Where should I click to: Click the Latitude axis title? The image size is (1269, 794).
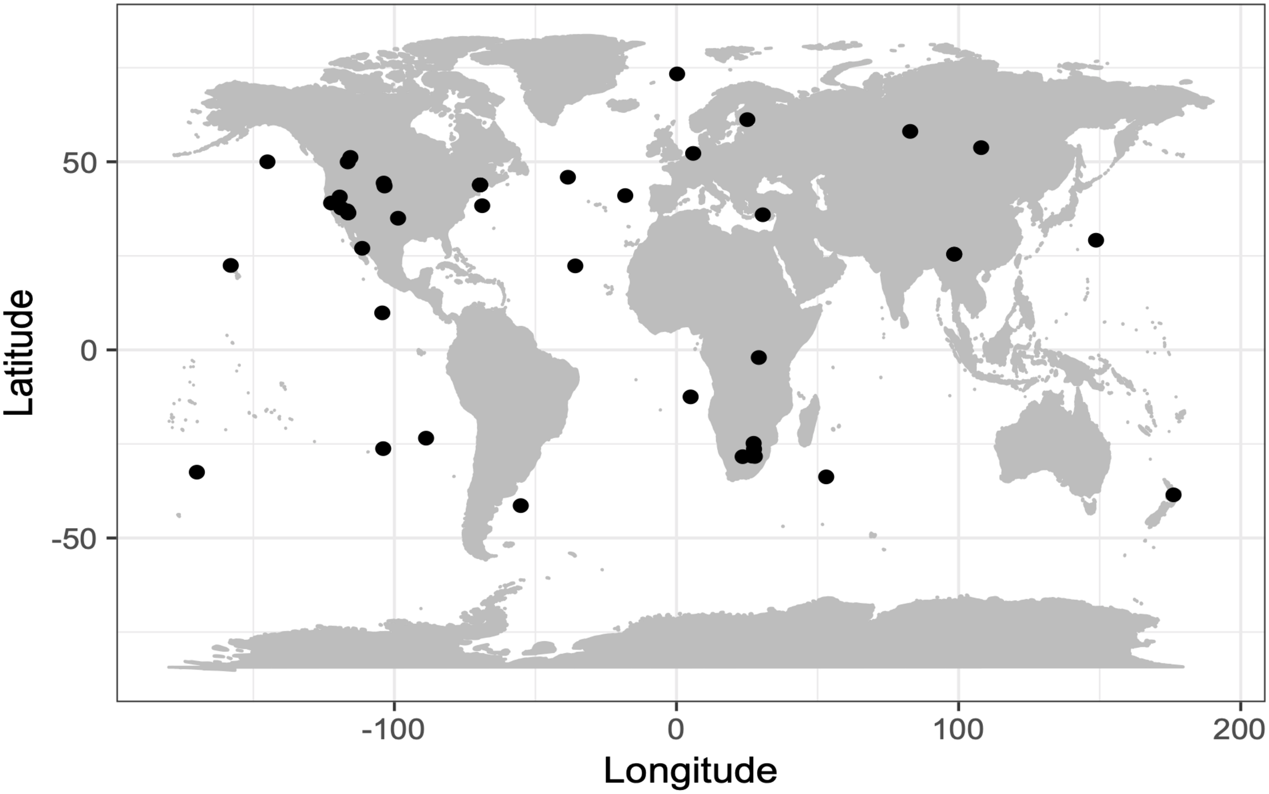[x=19, y=352]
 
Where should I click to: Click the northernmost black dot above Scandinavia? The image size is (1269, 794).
[x=677, y=74]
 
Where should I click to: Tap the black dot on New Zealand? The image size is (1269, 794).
[x=1173, y=495]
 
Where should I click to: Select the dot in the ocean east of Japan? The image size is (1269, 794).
[x=1096, y=240]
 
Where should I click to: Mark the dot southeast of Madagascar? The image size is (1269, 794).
[x=826, y=477]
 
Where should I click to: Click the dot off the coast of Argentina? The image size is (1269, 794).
[x=520, y=506]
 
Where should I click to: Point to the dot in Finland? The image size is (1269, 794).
[x=747, y=120]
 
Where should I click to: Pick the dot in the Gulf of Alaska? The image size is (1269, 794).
[x=267, y=162]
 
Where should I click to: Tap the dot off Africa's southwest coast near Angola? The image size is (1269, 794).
[x=691, y=396]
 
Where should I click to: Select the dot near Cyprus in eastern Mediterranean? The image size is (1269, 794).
[x=762, y=215]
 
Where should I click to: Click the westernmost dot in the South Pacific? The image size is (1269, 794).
[x=197, y=472]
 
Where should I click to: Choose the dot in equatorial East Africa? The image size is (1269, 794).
[x=758, y=357]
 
